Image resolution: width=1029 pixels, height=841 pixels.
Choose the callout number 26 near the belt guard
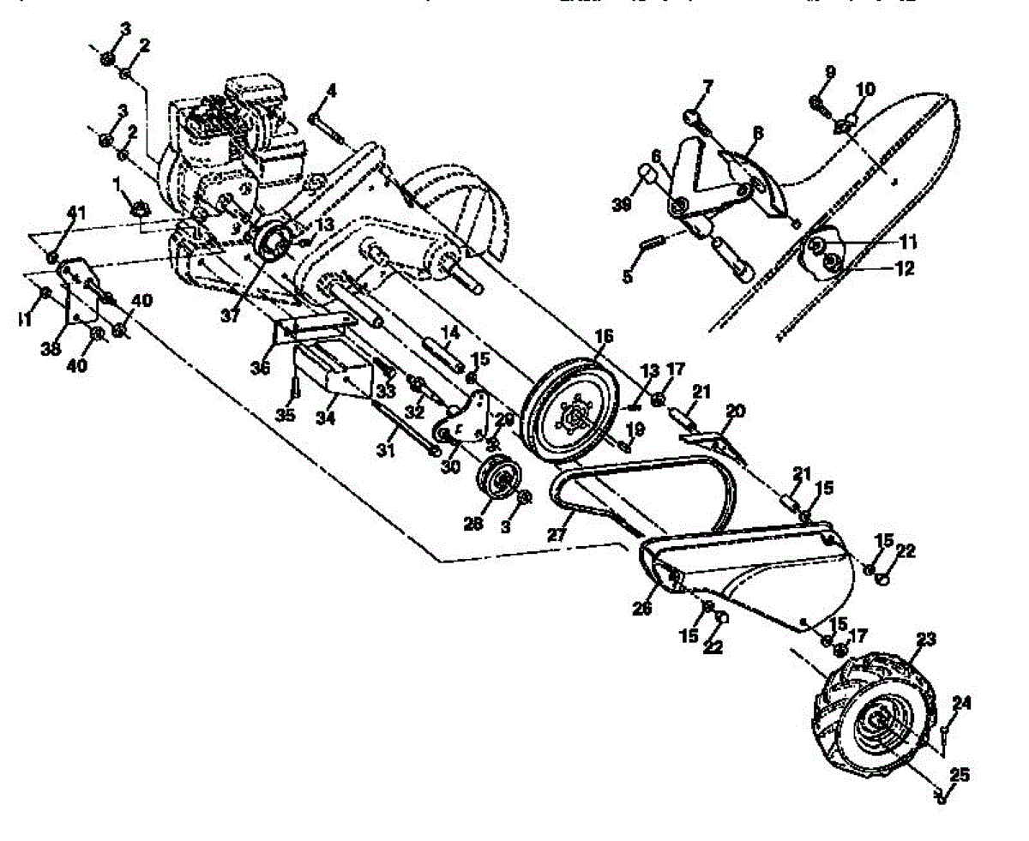tap(642, 608)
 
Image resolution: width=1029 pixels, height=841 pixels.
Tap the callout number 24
tap(961, 703)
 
